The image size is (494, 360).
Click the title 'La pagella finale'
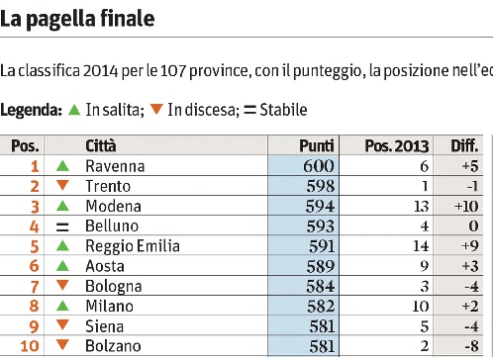pyautogui.click(x=77, y=19)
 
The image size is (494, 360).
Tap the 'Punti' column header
pyautogui.click(x=317, y=145)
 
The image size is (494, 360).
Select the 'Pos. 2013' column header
pyautogui.click(x=397, y=145)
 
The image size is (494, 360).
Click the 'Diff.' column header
pyautogui.click(x=464, y=145)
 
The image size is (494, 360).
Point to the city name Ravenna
pyautogui.click(x=115, y=166)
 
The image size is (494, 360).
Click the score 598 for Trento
pyautogui.click(x=320, y=186)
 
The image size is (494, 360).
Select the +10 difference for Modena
pyautogui.click(x=466, y=207)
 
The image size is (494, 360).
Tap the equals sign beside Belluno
pyautogui.click(x=62, y=226)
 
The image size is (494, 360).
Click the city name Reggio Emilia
pyautogui.click(x=133, y=246)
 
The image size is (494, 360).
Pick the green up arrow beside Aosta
pyautogui.click(x=62, y=266)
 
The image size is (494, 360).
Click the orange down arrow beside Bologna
pyautogui.click(x=62, y=285)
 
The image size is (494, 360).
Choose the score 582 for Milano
pyautogui.click(x=321, y=307)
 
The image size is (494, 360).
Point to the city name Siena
pyautogui.click(x=104, y=326)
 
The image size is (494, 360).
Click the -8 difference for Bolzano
pyautogui.click(x=471, y=346)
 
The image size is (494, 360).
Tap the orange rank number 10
pyautogui.click(x=30, y=346)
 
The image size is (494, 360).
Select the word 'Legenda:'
pyautogui.click(x=31, y=110)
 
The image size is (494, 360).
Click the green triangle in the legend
pyautogui.click(x=74, y=110)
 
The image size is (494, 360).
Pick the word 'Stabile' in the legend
pyautogui.click(x=283, y=110)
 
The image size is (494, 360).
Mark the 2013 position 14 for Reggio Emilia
pyautogui.click(x=421, y=246)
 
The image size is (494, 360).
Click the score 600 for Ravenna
pyautogui.click(x=319, y=166)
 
